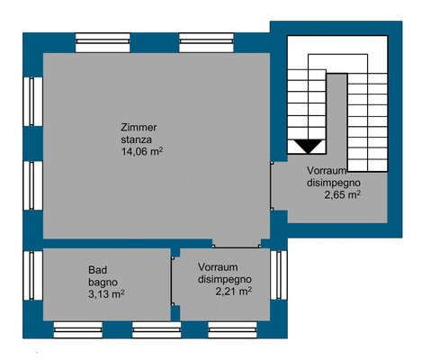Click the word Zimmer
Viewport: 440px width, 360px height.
click(139, 128)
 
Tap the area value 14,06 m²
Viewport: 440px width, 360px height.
click(142, 151)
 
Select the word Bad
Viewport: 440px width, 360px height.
click(97, 270)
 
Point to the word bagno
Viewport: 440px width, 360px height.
click(103, 283)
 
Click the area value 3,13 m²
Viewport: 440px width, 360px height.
click(106, 294)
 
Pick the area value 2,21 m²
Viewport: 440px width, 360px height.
click(233, 291)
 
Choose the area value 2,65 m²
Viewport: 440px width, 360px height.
click(342, 194)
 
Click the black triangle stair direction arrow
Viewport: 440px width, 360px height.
click(309, 147)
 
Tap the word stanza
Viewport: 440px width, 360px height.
click(136, 139)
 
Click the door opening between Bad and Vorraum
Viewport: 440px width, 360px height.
click(172, 281)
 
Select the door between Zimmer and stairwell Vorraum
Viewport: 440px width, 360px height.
click(271, 185)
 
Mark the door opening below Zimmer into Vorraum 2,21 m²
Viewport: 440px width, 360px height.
click(237, 247)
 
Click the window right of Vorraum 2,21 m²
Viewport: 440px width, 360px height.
click(279, 274)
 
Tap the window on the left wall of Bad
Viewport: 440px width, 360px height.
click(32, 275)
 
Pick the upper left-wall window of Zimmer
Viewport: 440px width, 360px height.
click(32, 102)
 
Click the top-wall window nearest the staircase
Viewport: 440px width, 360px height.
click(206, 42)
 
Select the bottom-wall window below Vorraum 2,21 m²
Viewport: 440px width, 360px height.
click(233, 329)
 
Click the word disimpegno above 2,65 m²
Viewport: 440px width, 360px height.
click(334, 183)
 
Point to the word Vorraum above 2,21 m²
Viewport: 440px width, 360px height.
click(218, 266)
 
